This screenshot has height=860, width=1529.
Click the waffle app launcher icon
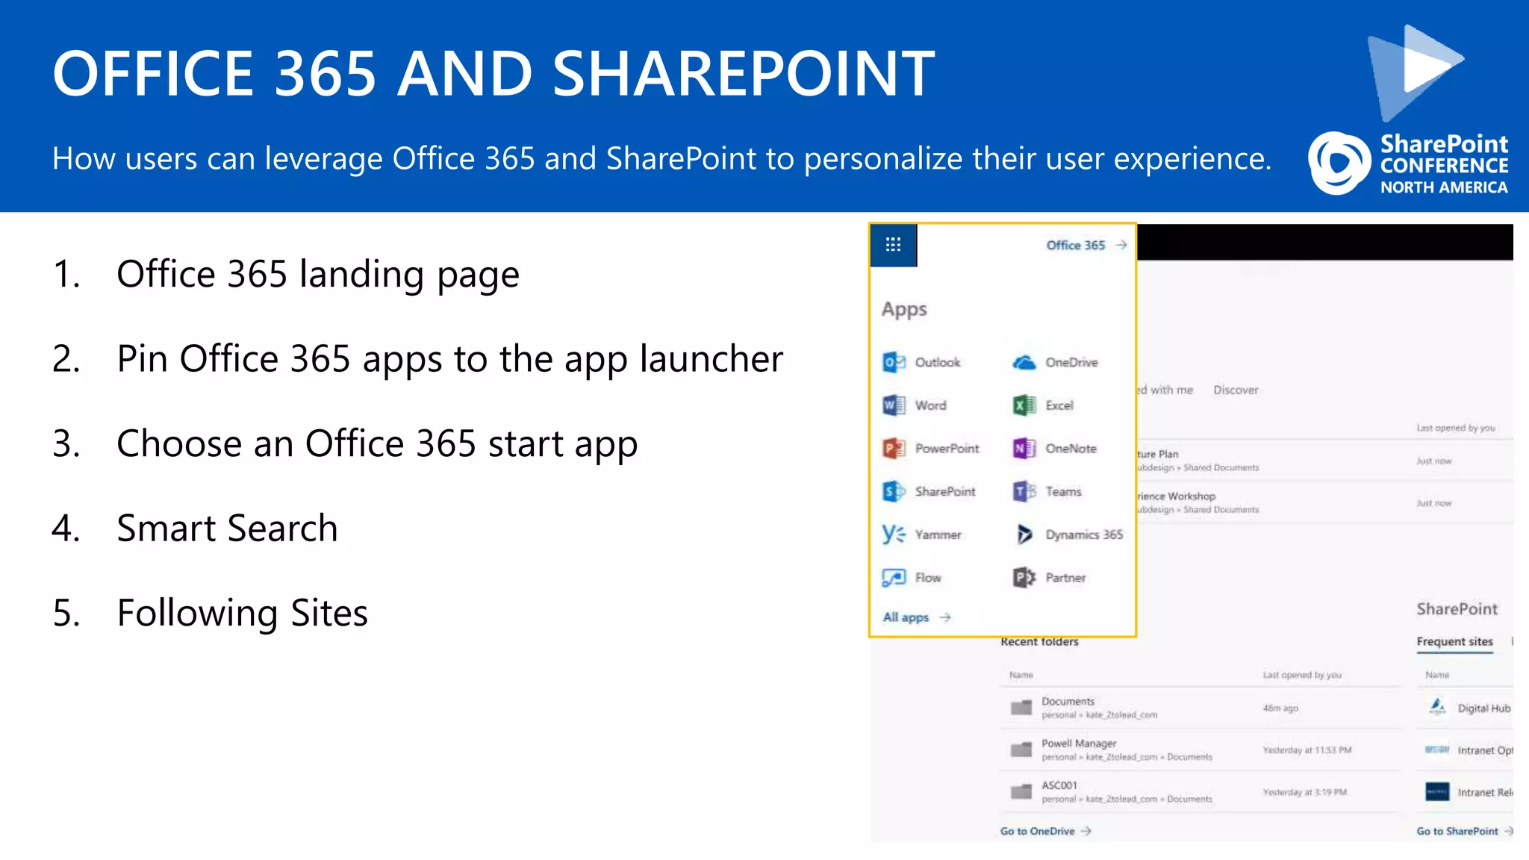[893, 245]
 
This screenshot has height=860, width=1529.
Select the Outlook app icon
[894, 363]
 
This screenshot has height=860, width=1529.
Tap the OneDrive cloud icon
[1024, 363]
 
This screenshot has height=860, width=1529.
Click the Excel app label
[1059, 405]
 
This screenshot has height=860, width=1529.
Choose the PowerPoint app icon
[894, 449]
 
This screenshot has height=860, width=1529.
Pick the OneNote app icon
[1024, 449]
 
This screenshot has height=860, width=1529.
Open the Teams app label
[1063, 492]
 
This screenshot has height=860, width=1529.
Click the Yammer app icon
[894, 535]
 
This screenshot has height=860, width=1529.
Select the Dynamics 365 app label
[1084, 535]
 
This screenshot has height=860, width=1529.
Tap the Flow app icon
[894, 578]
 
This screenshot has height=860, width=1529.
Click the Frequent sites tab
[1454, 641]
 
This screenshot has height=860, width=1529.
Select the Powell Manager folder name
[1079, 744]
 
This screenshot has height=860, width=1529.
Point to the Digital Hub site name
[1483, 708]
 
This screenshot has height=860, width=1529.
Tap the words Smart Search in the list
[228, 529]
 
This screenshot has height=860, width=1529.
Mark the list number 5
[66, 614]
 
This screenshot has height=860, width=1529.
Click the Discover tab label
[1236, 390]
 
